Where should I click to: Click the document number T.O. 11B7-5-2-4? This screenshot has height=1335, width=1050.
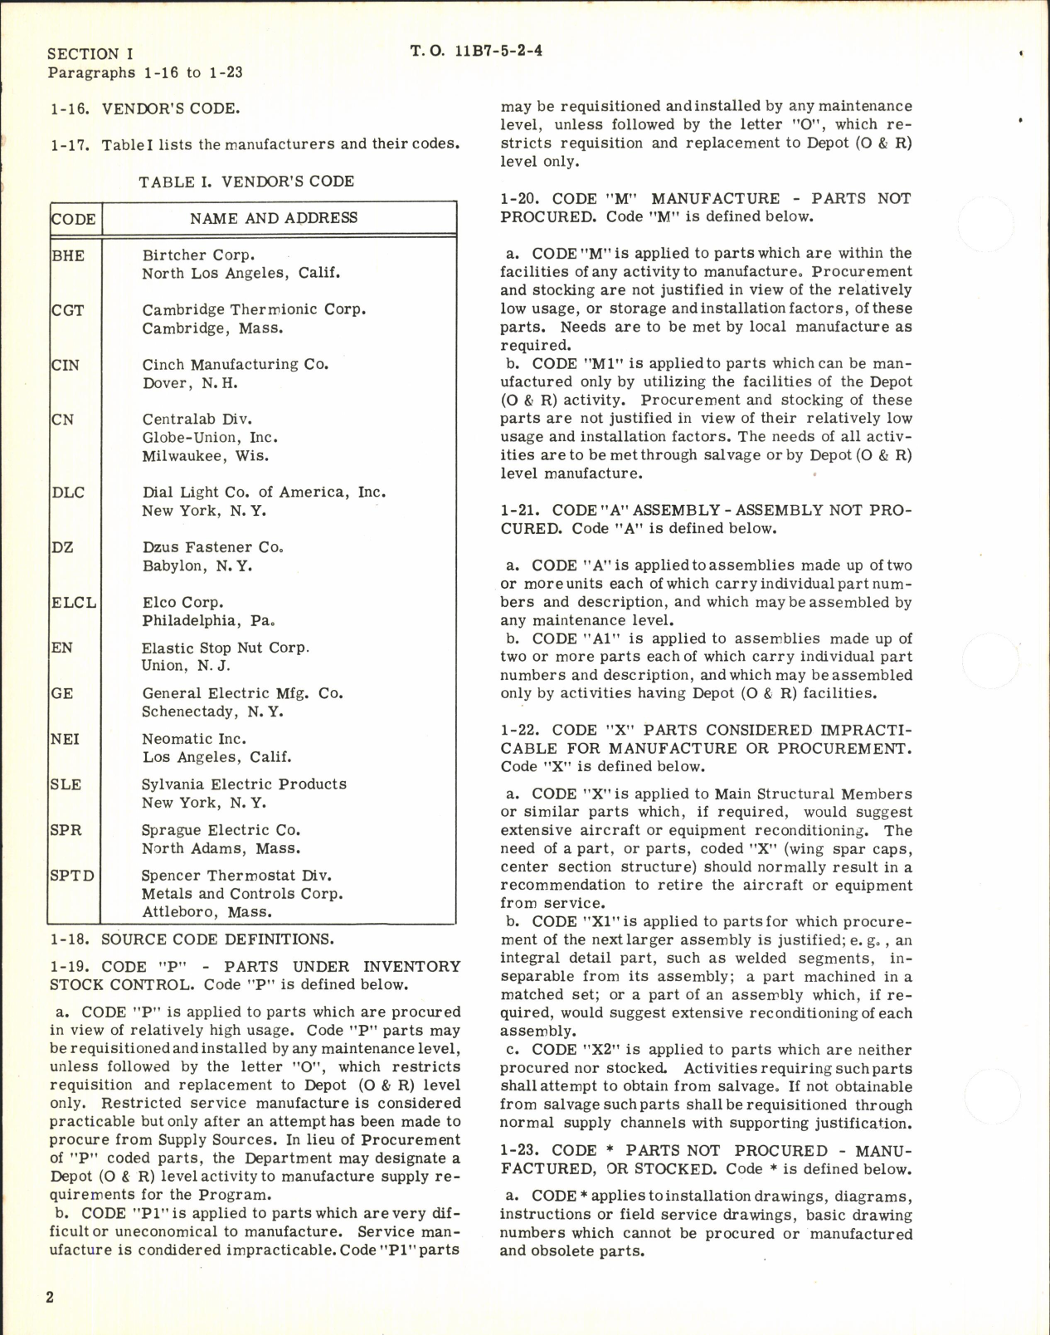[x=476, y=51]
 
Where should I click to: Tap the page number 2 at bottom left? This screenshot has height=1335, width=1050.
[x=50, y=1297]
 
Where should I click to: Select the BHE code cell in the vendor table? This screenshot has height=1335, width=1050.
[x=68, y=255]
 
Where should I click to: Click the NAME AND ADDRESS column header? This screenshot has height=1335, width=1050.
[x=274, y=218]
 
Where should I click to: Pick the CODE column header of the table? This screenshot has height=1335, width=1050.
[x=74, y=220]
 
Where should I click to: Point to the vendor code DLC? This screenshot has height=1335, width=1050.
[x=68, y=493]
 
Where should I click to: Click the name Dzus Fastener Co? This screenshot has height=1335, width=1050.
[x=213, y=547]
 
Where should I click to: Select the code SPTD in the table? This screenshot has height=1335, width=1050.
[x=72, y=876]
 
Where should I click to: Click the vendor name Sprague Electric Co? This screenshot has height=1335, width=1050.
[x=220, y=830]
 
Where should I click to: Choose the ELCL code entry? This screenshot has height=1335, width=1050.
[x=74, y=603]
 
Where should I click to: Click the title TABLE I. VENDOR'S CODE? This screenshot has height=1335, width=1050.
[x=246, y=182]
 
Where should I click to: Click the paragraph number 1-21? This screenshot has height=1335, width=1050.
[x=520, y=511]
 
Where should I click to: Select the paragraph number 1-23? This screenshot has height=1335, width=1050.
[x=520, y=1151]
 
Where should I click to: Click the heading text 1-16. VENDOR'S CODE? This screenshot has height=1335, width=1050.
[x=145, y=109]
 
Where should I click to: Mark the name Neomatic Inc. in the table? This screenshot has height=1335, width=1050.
[x=193, y=739]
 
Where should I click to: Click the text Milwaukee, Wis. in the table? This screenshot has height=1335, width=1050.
[x=205, y=456]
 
